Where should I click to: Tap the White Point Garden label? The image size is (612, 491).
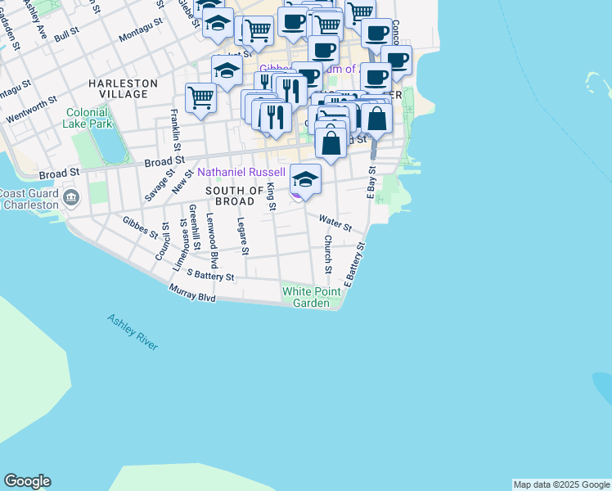(x=310, y=297)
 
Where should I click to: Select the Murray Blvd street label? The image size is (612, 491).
(x=192, y=293)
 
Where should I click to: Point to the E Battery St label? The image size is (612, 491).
(x=353, y=264)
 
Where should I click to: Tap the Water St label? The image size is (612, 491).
(x=335, y=222)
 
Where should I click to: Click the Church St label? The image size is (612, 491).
(x=327, y=255)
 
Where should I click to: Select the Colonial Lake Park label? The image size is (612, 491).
(x=88, y=118)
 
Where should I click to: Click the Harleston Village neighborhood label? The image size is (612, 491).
(x=123, y=88)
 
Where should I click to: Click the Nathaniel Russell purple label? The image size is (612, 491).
(x=241, y=173)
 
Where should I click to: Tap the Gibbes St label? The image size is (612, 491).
(x=140, y=227)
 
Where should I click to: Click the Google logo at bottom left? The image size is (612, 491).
(x=27, y=481)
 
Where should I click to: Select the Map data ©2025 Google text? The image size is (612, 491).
(x=561, y=484)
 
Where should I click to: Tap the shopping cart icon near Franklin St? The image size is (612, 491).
(x=200, y=97)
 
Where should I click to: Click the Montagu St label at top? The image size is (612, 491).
(x=141, y=34)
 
